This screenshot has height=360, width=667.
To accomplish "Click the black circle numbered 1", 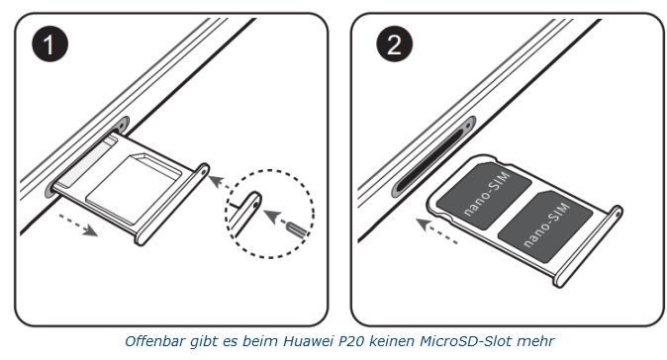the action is point(49,44).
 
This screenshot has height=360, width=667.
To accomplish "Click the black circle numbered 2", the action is point(394,44).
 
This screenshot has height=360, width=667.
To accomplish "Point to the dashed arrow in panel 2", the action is point(436,231).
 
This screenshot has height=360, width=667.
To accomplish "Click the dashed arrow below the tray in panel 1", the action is point(78,225).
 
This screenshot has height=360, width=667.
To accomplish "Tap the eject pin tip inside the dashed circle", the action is point(297,229).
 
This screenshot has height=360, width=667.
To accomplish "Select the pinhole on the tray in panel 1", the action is point(203,172).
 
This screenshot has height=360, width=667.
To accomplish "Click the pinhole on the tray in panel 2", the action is point(617,214).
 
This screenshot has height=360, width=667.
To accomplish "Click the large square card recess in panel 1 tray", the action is point(133,187).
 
